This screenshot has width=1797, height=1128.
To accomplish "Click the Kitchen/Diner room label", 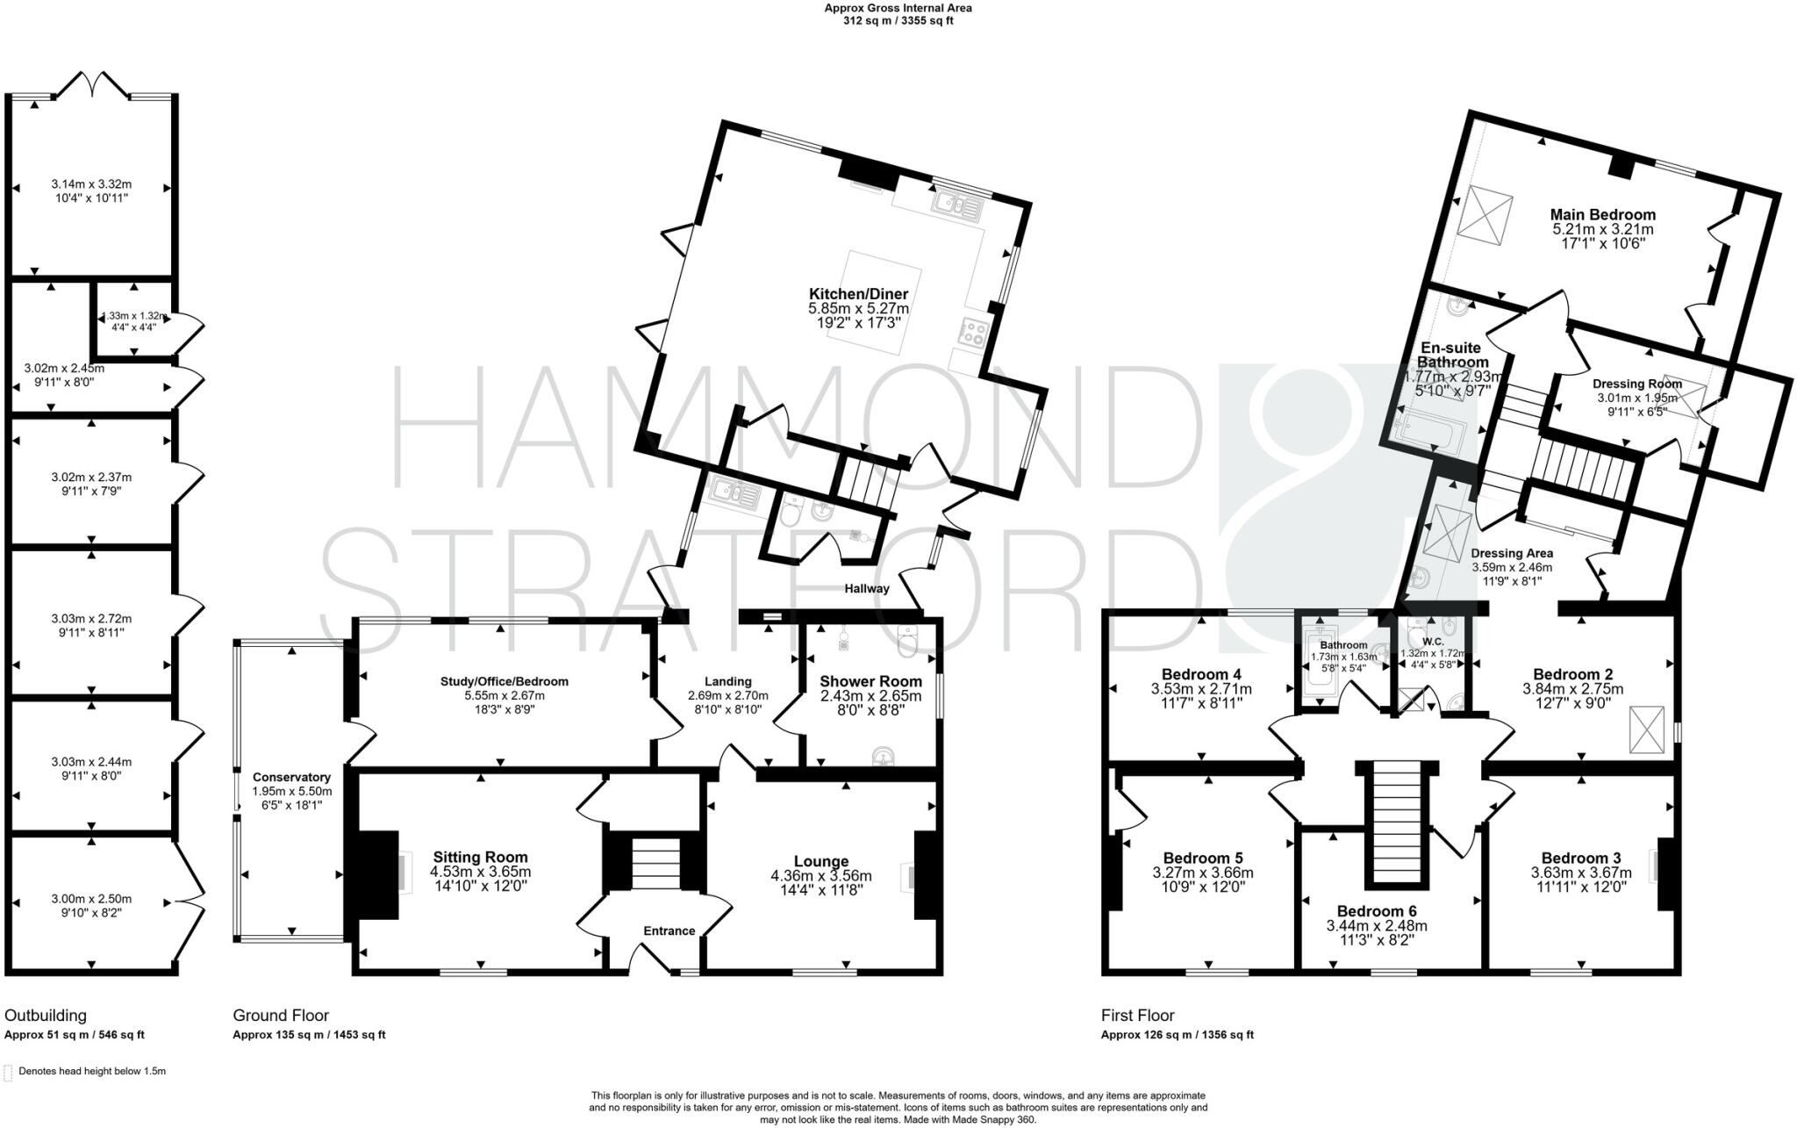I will coord(858,294).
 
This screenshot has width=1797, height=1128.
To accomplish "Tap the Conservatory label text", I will coord(291,777).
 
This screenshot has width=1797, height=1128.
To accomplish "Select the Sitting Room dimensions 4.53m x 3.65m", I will coord(480,873).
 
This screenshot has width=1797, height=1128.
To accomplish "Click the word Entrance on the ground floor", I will coord(669,930).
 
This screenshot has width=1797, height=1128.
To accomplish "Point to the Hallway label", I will coord(867,588).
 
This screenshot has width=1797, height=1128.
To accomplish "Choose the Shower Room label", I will coord(870,681).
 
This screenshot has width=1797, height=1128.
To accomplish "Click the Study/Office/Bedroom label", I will coord(504,681).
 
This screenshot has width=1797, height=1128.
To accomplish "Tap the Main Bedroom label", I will coord(1602,214).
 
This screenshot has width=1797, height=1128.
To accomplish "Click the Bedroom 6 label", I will coord(1376,911).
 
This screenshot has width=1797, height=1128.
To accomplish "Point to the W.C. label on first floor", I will coord(1433,642).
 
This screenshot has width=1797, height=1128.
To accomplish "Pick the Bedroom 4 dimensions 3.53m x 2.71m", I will coord(1201,689).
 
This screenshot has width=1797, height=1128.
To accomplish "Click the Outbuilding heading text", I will coord(46,1016).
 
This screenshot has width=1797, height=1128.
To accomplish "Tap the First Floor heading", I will coord(1137,1016).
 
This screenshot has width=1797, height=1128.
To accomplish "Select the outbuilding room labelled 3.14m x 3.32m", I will coord(91,184).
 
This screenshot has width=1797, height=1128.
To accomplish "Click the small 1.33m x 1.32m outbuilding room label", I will coord(133,316).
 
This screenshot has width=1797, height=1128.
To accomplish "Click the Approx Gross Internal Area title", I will coord(898,8).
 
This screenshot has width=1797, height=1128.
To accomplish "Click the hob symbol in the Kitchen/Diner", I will coord(975,332).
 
